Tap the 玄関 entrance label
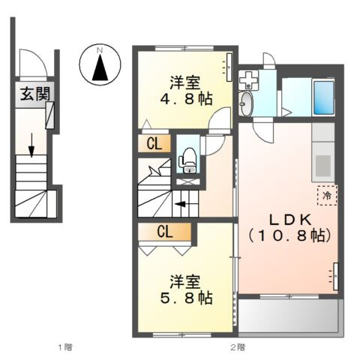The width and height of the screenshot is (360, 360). click(30, 94)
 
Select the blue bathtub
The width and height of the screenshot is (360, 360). click(322, 97)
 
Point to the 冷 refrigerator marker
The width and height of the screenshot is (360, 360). click(327, 194)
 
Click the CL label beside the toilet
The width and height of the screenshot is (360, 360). click(153, 142)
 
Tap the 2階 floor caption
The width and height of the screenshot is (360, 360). click(238, 346)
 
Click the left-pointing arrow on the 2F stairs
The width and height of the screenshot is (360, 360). click(181, 202)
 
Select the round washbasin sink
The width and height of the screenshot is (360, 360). click(247, 103)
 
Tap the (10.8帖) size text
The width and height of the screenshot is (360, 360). click(286, 235)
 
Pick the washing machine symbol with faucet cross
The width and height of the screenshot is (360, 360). click(247, 78)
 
